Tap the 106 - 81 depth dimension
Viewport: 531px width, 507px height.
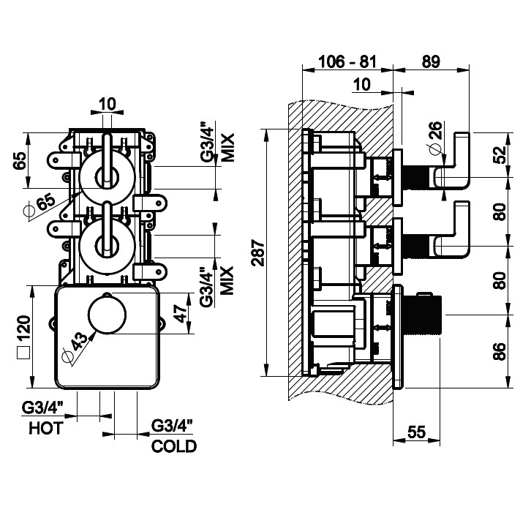(x=347, y=62)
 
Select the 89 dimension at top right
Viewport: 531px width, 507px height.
(x=430, y=62)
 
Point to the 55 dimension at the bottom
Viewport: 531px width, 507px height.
(x=416, y=432)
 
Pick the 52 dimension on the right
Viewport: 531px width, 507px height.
(x=500, y=155)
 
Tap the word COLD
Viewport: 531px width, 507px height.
(x=174, y=446)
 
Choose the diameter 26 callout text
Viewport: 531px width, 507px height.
(x=435, y=137)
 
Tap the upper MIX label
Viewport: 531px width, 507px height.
(x=227, y=147)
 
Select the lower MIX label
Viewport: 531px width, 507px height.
(x=227, y=279)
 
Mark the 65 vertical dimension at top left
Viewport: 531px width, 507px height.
(x=22, y=158)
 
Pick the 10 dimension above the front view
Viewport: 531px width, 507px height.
(x=107, y=104)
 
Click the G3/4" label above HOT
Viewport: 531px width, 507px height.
(x=44, y=408)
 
